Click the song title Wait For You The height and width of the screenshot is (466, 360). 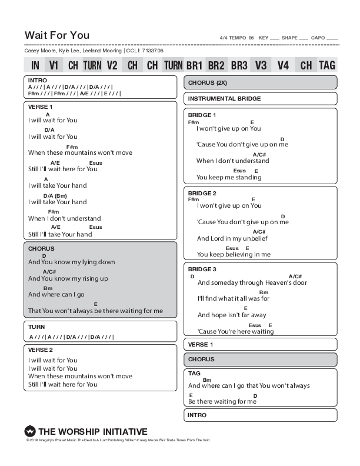click(x=57, y=35)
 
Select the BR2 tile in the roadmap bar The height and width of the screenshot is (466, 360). click(x=216, y=65)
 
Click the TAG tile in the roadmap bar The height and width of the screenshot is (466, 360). click(x=327, y=65)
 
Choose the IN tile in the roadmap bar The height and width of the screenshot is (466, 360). click(x=35, y=65)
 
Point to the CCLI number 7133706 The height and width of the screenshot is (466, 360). click(x=152, y=51)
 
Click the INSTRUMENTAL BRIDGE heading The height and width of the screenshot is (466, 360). click(x=224, y=98)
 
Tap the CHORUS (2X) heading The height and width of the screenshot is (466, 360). click(x=207, y=82)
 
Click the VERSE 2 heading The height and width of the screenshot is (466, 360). click(x=41, y=349)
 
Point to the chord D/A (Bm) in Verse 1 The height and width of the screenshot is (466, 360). click(x=55, y=195)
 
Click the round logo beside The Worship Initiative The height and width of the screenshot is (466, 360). click(x=30, y=431)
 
